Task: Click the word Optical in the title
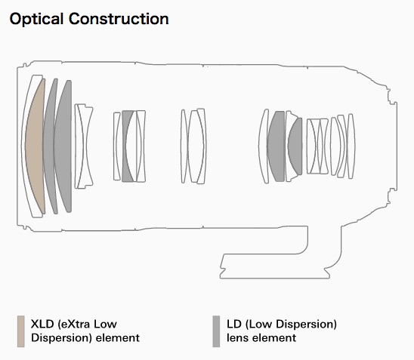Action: point(36,20)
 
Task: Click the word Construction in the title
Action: point(119,19)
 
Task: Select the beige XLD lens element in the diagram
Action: point(36,146)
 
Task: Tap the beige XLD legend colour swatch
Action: point(21,331)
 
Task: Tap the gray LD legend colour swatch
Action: point(216,331)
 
